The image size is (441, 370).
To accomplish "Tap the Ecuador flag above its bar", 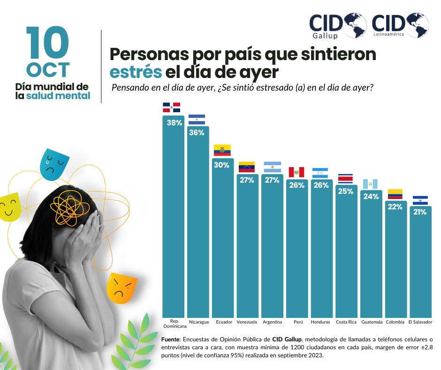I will pyautogui.click(x=222, y=150).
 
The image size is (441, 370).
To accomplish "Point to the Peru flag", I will pyautogui.click(x=297, y=172).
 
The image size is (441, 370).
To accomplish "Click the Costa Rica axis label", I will pyautogui.click(x=346, y=322).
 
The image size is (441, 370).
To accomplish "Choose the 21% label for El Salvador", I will pyautogui.click(x=420, y=212).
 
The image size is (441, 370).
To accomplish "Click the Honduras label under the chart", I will pyautogui.click(x=321, y=322).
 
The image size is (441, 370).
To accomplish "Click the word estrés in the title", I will pyautogui.click(x=136, y=73).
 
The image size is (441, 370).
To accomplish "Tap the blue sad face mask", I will pyautogui.click(x=55, y=164).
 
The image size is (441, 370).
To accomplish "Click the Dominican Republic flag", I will pyautogui.click(x=172, y=108).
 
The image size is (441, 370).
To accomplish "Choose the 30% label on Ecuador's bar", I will pyautogui.click(x=222, y=165).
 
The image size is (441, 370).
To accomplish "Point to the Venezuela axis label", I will pyautogui.click(x=247, y=322).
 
